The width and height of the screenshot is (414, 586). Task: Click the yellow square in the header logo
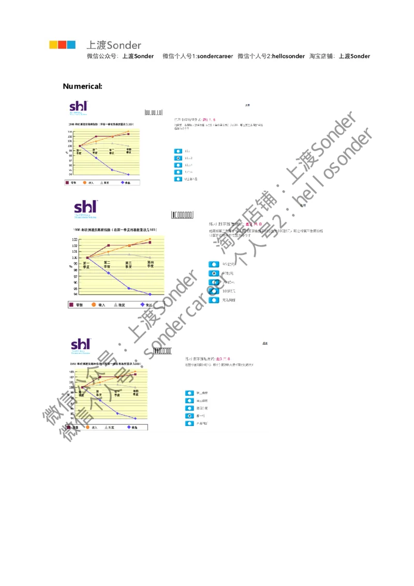tap(53, 45)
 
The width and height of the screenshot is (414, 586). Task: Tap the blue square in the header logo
tap(71, 45)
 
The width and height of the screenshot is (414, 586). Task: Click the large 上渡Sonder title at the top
tap(114, 45)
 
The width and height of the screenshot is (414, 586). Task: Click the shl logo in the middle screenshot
tap(85, 208)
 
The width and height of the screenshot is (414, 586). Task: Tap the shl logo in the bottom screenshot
tap(80, 345)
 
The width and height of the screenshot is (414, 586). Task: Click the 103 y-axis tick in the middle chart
tap(75, 239)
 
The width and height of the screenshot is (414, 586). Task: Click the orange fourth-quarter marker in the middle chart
tap(150, 239)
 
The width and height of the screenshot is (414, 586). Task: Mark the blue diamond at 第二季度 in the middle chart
tap(108, 273)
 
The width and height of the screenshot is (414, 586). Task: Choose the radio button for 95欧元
tap(213, 264)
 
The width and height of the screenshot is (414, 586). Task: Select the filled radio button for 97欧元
tap(213, 273)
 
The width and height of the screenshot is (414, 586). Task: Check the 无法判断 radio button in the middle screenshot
tap(213, 299)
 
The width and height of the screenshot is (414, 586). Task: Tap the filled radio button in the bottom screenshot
tap(189, 416)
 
